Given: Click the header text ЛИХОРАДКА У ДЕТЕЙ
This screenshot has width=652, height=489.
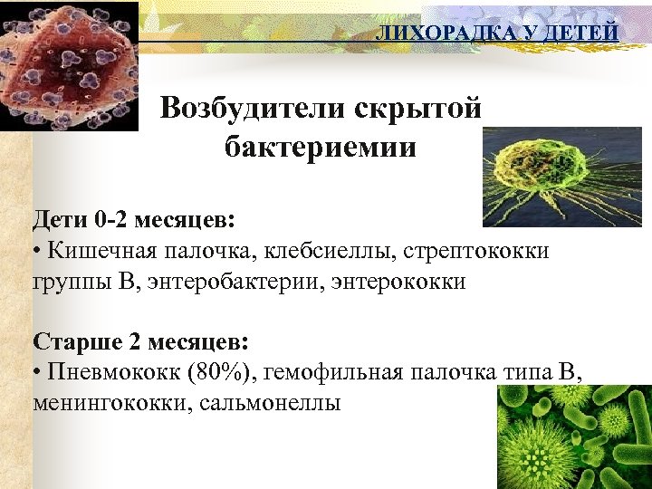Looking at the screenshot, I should pos(497,34).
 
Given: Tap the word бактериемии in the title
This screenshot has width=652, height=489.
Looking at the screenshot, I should pos(321,147).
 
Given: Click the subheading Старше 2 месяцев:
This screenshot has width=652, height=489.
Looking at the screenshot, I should pos(139,342).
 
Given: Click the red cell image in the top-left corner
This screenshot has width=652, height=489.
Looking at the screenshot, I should pos(69,65).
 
